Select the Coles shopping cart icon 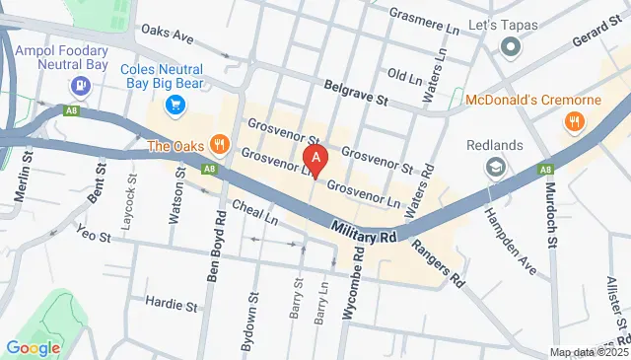tap(175, 103)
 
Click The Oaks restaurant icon tap(219, 146)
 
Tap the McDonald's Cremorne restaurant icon tap(572, 122)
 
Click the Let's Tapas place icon tap(510, 45)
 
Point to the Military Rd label tap(363, 234)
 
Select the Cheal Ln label tap(254, 211)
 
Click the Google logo tap(33, 347)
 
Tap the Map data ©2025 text tap(588, 352)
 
